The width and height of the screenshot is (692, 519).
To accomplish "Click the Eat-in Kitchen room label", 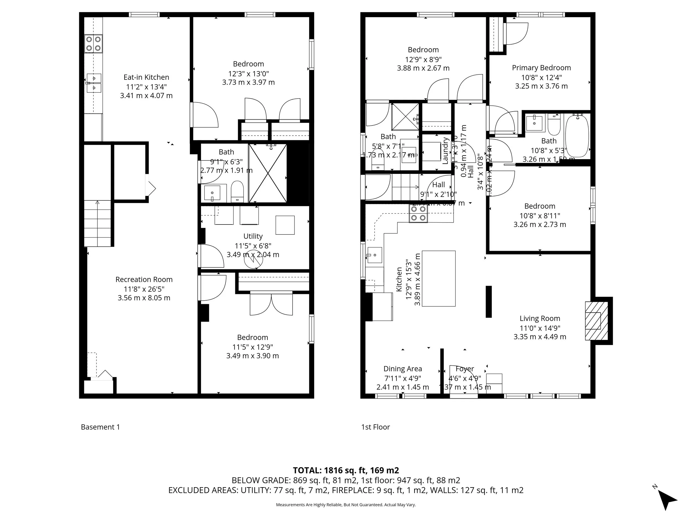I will pyautogui.click(x=146, y=77).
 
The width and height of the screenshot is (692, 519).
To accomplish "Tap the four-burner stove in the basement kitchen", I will pyautogui.click(x=94, y=44).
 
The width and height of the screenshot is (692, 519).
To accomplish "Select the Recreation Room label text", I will pyautogui.click(x=144, y=279).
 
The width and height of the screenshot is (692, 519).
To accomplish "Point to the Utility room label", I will pyautogui.click(x=253, y=236).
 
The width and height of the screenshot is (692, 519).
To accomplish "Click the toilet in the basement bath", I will pyautogui.click(x=237, y=192).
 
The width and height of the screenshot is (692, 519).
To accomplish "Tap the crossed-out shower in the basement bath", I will pyautogui.click(x=268, y=173).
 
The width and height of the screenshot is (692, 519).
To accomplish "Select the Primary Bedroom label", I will pyautogui.click(x=541, y=68).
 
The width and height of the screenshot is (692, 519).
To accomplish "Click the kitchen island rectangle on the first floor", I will pyautogui.click(x=439, y=278).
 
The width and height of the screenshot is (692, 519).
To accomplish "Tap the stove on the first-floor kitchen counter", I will pyautogui.click(x=418, y=214).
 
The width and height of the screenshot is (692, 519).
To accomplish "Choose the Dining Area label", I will pyautogui.click(x=403, y=369).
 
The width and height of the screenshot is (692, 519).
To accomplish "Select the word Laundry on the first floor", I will pyautogui.click(x=445, y=151).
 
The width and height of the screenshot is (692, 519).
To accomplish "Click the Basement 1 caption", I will pyautogui.click(x=100, y=427).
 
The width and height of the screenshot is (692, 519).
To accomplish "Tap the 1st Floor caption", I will pyautogui.click(x=375, y=427).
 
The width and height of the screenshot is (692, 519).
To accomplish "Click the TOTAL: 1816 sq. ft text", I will pyautogui.click(x=346, y=471).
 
